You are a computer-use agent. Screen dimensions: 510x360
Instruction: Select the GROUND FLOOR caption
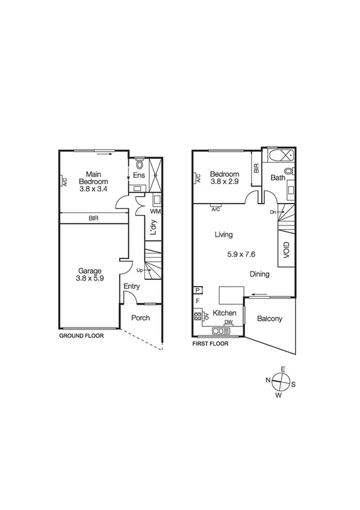click(x=81, y=336)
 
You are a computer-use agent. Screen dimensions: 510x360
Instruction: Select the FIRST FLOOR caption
click(x=210, y=344)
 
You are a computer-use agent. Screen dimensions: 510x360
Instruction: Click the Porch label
click(x=140, y=318)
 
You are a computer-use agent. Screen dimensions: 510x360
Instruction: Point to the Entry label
click(x=132, y=287)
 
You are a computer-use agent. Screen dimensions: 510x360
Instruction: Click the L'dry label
click(x=154, y=227)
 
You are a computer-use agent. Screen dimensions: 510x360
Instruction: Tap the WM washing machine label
click(x=155, y=211)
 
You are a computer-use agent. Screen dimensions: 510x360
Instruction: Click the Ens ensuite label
click(x=139, y=176)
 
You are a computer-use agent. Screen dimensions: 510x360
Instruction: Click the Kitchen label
click(x=223, y=313)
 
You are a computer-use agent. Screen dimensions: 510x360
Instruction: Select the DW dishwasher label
click(x=228, y=323)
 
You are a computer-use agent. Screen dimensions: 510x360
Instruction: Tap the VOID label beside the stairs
click(x=287, y=249)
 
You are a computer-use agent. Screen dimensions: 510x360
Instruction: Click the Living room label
click(x=223, y=235)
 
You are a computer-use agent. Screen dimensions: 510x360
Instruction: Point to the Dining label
click(x=259, y=274)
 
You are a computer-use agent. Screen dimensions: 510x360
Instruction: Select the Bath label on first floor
click(x=278, y=178)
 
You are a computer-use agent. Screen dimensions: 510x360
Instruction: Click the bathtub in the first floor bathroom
click(x=281, y=155)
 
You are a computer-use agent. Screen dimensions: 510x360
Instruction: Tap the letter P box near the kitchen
click(x=197, y=290)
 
